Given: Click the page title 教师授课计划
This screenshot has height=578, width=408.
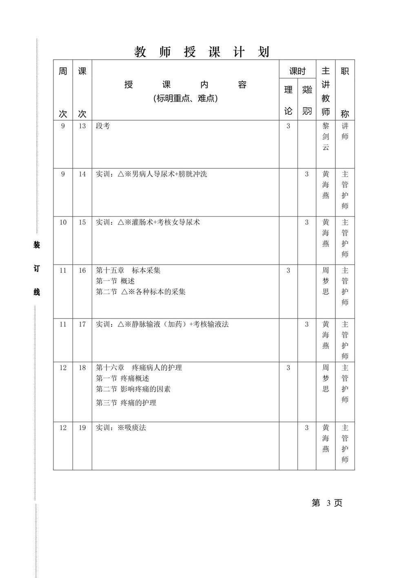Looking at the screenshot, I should coord(202,52).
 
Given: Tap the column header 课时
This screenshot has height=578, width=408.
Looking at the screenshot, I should coord(297,71).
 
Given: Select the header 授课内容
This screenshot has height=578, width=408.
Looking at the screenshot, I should coord(185,85).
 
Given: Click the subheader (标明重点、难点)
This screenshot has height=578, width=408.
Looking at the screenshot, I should coord(185,99).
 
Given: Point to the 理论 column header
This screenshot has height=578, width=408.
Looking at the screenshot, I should coord(288,100).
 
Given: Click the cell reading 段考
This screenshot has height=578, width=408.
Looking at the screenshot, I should coord(103,126).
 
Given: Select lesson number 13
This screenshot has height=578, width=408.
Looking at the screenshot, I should coord(82,126).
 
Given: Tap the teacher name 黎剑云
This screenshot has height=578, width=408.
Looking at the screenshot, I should coord(326,137).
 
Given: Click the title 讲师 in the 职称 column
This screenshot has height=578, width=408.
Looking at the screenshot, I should coord(345,131).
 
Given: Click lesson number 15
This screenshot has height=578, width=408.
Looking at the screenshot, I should coord(82,222).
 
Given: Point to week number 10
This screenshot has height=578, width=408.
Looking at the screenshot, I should coord(63,222).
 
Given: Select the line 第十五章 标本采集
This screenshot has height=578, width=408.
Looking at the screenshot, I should coord(128,270).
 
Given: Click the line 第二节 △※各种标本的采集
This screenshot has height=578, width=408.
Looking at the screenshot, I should coord(141,292).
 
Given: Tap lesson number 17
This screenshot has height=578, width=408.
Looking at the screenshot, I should coord(82,324).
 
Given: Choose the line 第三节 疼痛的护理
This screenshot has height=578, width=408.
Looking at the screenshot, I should coord(126,403).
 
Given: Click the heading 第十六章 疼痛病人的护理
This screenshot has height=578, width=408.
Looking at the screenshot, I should coord(139,367).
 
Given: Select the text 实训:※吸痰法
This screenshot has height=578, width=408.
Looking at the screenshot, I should coord(121,428).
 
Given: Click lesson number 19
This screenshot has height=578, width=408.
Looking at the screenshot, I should coord(82,428).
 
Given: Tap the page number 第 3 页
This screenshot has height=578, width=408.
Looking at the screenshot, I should coord(327,503).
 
